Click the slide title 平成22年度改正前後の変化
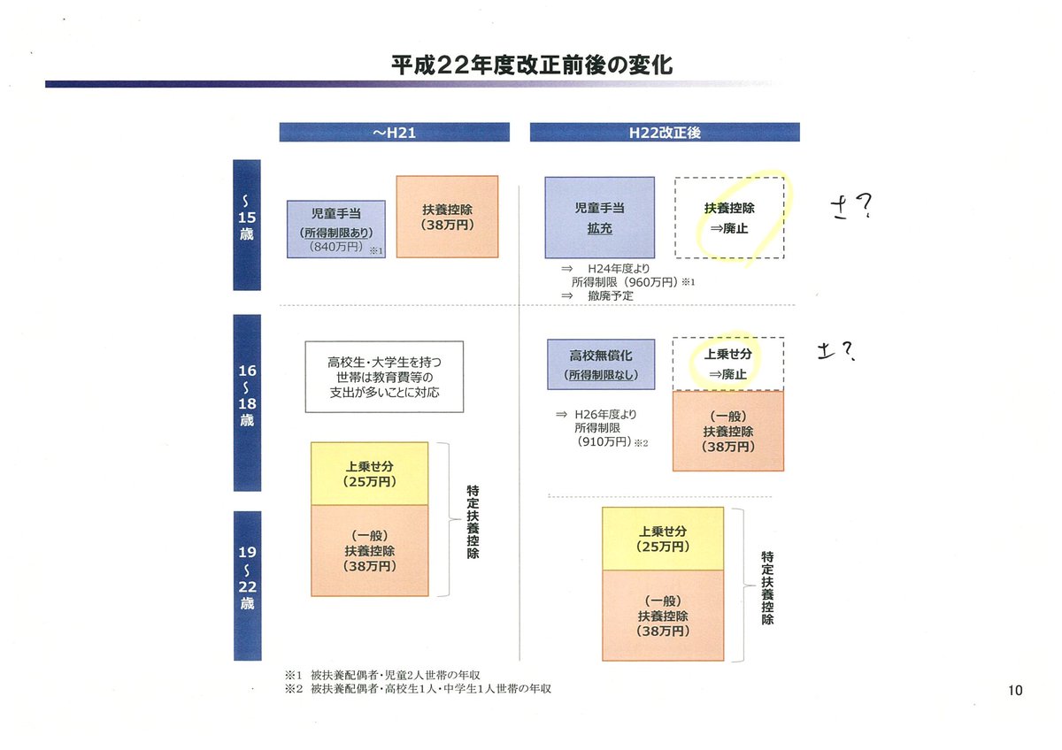(531, 65)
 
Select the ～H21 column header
(394, 132)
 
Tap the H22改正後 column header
(664, 132)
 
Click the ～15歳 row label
(247, 225)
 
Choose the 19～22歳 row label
(247, 585)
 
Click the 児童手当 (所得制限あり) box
(335, 228)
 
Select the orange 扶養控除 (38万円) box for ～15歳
(447, 217)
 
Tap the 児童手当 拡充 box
(599, 217)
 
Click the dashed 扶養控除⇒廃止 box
(729, 218)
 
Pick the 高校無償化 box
(601, 364)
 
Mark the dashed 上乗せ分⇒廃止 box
(728, 364)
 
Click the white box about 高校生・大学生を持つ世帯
(384, 376)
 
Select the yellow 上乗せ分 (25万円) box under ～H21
(369, 473)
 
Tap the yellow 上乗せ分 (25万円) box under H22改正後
(662, 539)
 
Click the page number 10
(1014, 691)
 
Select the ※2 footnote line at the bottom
(418, 688)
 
